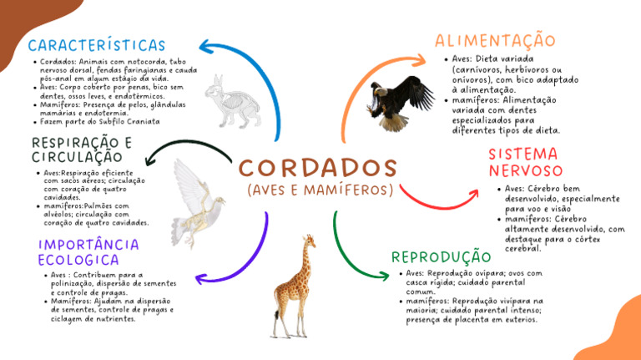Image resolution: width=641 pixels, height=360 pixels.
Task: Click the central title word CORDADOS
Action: [x=319, y=166]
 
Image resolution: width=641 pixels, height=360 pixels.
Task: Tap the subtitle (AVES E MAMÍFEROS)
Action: [x=320, y=190]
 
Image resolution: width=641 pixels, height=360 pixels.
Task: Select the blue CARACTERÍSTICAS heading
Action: [x=97, y=45]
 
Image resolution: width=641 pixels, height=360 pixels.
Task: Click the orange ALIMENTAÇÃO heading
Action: [x=495, y=40]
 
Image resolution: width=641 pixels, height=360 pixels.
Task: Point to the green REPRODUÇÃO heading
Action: [x=442, y=256]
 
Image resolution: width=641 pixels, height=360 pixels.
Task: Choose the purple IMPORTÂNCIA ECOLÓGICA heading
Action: [x=88, y=251]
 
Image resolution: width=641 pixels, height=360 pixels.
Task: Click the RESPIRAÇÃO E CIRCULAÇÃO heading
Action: [x=82, y=150]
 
